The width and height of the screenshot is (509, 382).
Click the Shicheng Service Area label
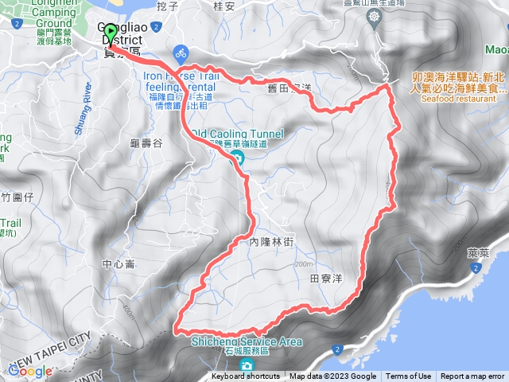[247, 341]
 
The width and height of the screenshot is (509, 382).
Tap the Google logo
[29, 371]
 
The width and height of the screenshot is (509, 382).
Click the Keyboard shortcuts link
[245, 376]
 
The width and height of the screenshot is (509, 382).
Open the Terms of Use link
[409, 376]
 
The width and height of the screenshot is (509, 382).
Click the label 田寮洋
[325, 279]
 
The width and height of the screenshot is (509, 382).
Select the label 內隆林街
[272, 239]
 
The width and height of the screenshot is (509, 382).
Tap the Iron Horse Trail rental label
[184, 81]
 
